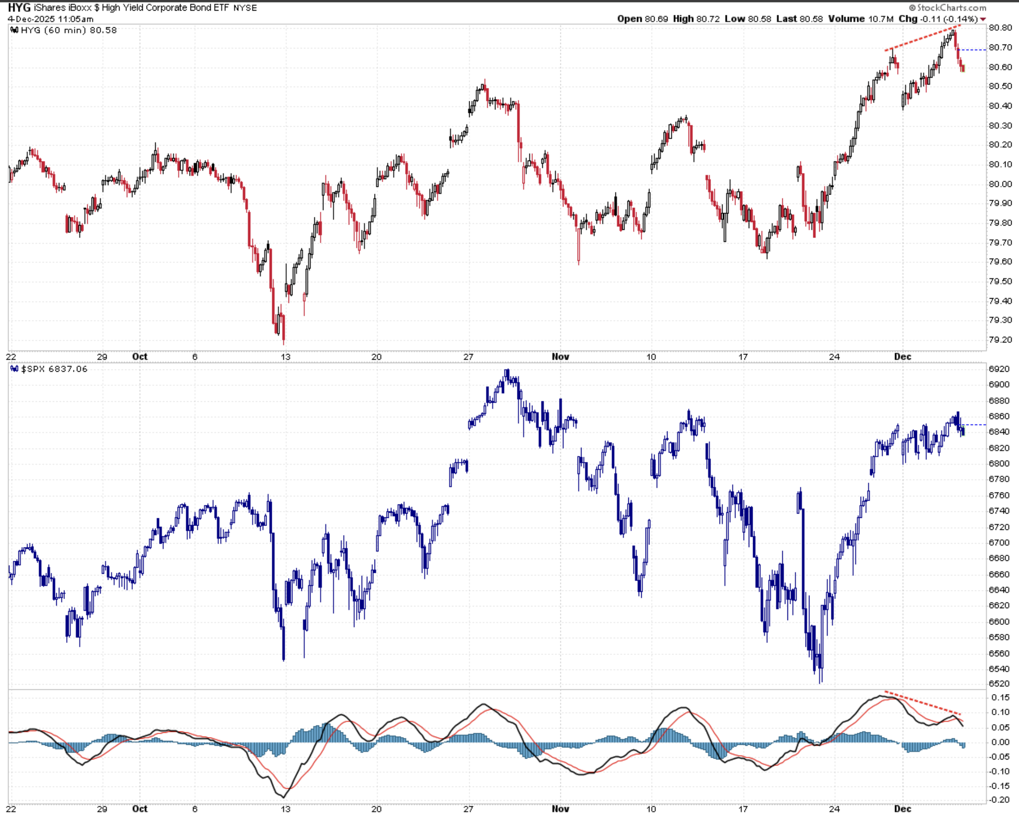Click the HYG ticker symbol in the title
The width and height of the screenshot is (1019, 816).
point(19,7)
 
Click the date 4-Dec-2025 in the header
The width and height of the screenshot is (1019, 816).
point(31,19)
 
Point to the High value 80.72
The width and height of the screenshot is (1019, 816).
point(707,19)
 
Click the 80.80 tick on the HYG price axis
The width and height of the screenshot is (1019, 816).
point(1000,28)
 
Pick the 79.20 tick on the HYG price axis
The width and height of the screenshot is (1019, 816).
point(1000,340)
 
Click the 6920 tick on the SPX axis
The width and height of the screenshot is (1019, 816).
point(999,369)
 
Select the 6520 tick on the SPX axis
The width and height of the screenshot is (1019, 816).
point(999,684)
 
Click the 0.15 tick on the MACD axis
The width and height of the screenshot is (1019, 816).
point(1000,698)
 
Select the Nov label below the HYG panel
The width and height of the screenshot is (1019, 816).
point(560,357)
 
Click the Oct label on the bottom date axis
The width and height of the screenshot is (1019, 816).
point(140,809)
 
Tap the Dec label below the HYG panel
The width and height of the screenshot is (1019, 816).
point(902,357)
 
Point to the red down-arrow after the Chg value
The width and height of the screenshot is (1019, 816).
point(983,20)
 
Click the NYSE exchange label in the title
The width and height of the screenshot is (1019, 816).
point(245,8)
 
